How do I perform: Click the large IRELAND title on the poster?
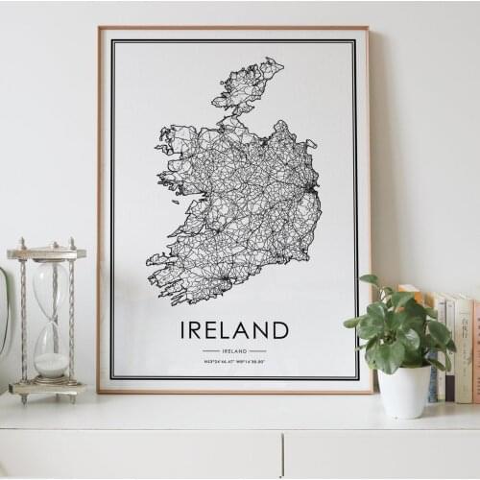tap(234, 330)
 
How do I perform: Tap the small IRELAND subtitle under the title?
tap(234, 351)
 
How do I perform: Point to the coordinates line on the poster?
tap(234, 362)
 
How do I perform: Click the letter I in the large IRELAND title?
tap(184, 330)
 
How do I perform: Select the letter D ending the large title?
tap(280, 330)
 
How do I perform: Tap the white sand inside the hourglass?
tap(52, 364)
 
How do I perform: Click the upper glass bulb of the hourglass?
tap(51, 288)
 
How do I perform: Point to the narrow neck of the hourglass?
tap(51, 324)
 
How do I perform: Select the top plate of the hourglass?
tap(46, 253)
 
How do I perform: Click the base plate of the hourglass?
tap(47, 389)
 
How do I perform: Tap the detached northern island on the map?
tap(248, 84)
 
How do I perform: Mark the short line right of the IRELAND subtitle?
tap(257, 351)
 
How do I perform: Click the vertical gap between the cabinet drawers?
tap(283, 455)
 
